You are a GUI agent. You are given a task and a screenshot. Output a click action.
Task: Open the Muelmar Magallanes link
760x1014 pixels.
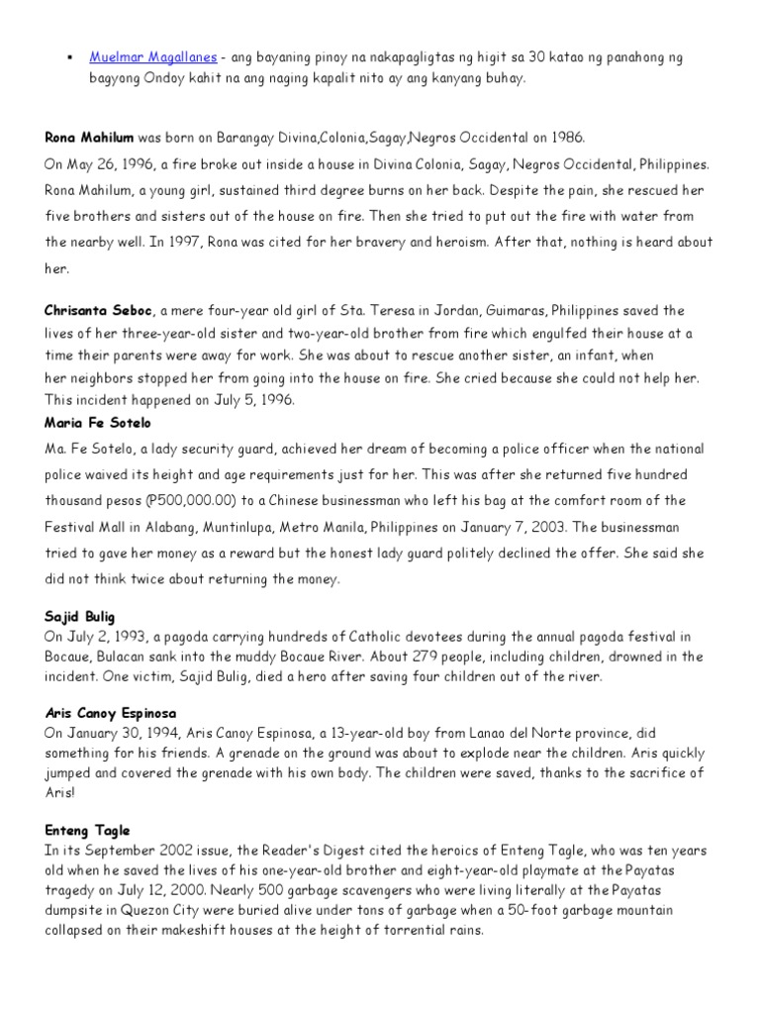tap(153, 57)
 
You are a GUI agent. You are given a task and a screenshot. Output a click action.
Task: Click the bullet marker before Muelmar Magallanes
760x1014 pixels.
tap(70, 57)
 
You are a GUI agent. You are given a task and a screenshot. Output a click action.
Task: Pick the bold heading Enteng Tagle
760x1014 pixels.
tap(87, 831)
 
